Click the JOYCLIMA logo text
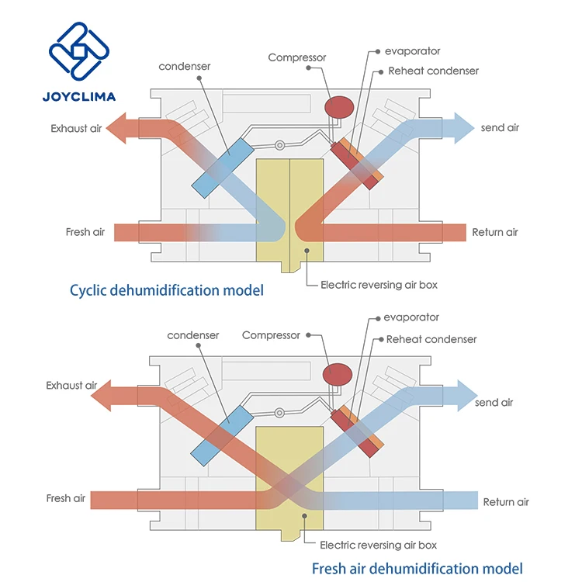[79, 97]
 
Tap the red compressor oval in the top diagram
[339, 107]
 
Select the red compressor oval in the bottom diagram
[338, 375]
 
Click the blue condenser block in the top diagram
[223, 168]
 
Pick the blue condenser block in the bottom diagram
[222, 435]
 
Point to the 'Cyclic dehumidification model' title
[167, 290]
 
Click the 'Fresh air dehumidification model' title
[417, 568]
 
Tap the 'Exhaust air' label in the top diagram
[76, 128]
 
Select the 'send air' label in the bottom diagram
[494, 402]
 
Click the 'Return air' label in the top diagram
[495, 232]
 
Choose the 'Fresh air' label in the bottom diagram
[66, 498]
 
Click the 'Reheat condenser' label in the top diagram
[433, 71]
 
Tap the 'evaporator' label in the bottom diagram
[411, 317]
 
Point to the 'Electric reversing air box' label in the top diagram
[379, 285]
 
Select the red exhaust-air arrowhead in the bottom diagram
[101, 396]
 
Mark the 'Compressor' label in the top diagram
[297, 57]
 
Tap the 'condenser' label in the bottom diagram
[193, 335]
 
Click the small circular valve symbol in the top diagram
[279, 145]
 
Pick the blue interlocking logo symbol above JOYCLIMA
[79, 51]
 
